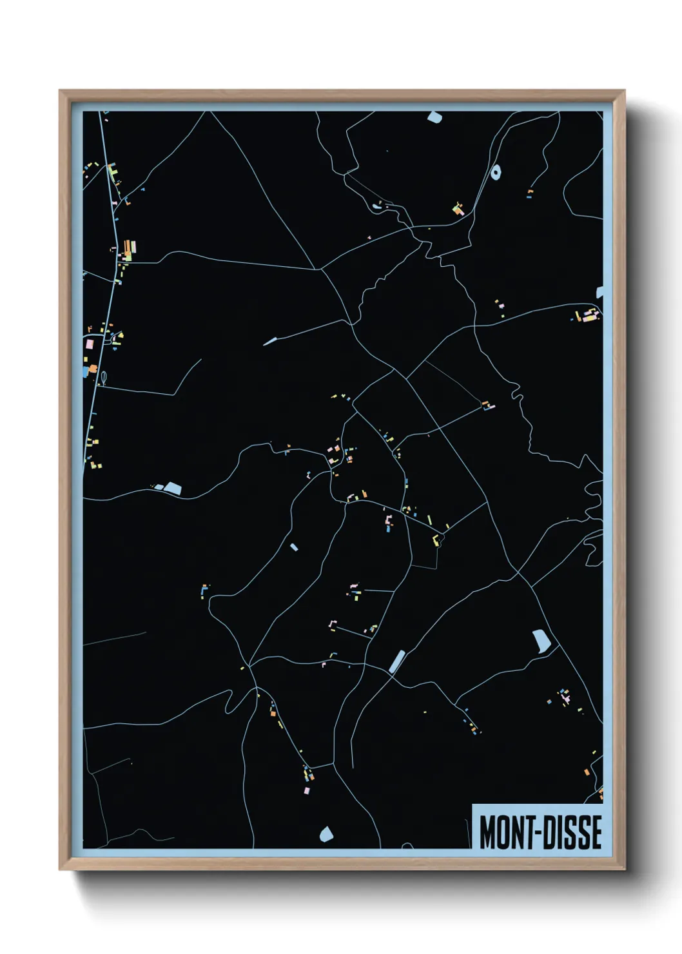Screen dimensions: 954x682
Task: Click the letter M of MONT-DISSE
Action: click(487, 832)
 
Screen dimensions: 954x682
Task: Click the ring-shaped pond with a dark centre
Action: click(495, 172)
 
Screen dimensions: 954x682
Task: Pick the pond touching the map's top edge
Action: click(434, 117)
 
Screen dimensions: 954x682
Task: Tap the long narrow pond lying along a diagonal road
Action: click(397, 660)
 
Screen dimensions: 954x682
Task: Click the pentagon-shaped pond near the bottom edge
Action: click(326, 834)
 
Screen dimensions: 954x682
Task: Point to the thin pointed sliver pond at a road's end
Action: click(269, 341)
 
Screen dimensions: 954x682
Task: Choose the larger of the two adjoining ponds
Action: click(172, 487)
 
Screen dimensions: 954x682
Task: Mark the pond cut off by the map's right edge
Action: click(600, 292)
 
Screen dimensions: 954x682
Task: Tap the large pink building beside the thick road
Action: click(89, 345)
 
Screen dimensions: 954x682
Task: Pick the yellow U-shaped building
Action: click(436, 539)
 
